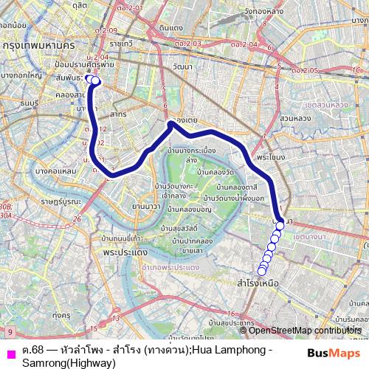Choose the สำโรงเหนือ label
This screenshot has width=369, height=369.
(x=258, y=283)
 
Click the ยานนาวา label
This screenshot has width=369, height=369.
(x=145, y=206)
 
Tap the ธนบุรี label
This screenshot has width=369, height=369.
(x=29, y=104)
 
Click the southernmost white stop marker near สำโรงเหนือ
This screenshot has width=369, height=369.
(x=261, y=271)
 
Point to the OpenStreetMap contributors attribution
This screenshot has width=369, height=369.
(x=306, y=331)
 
